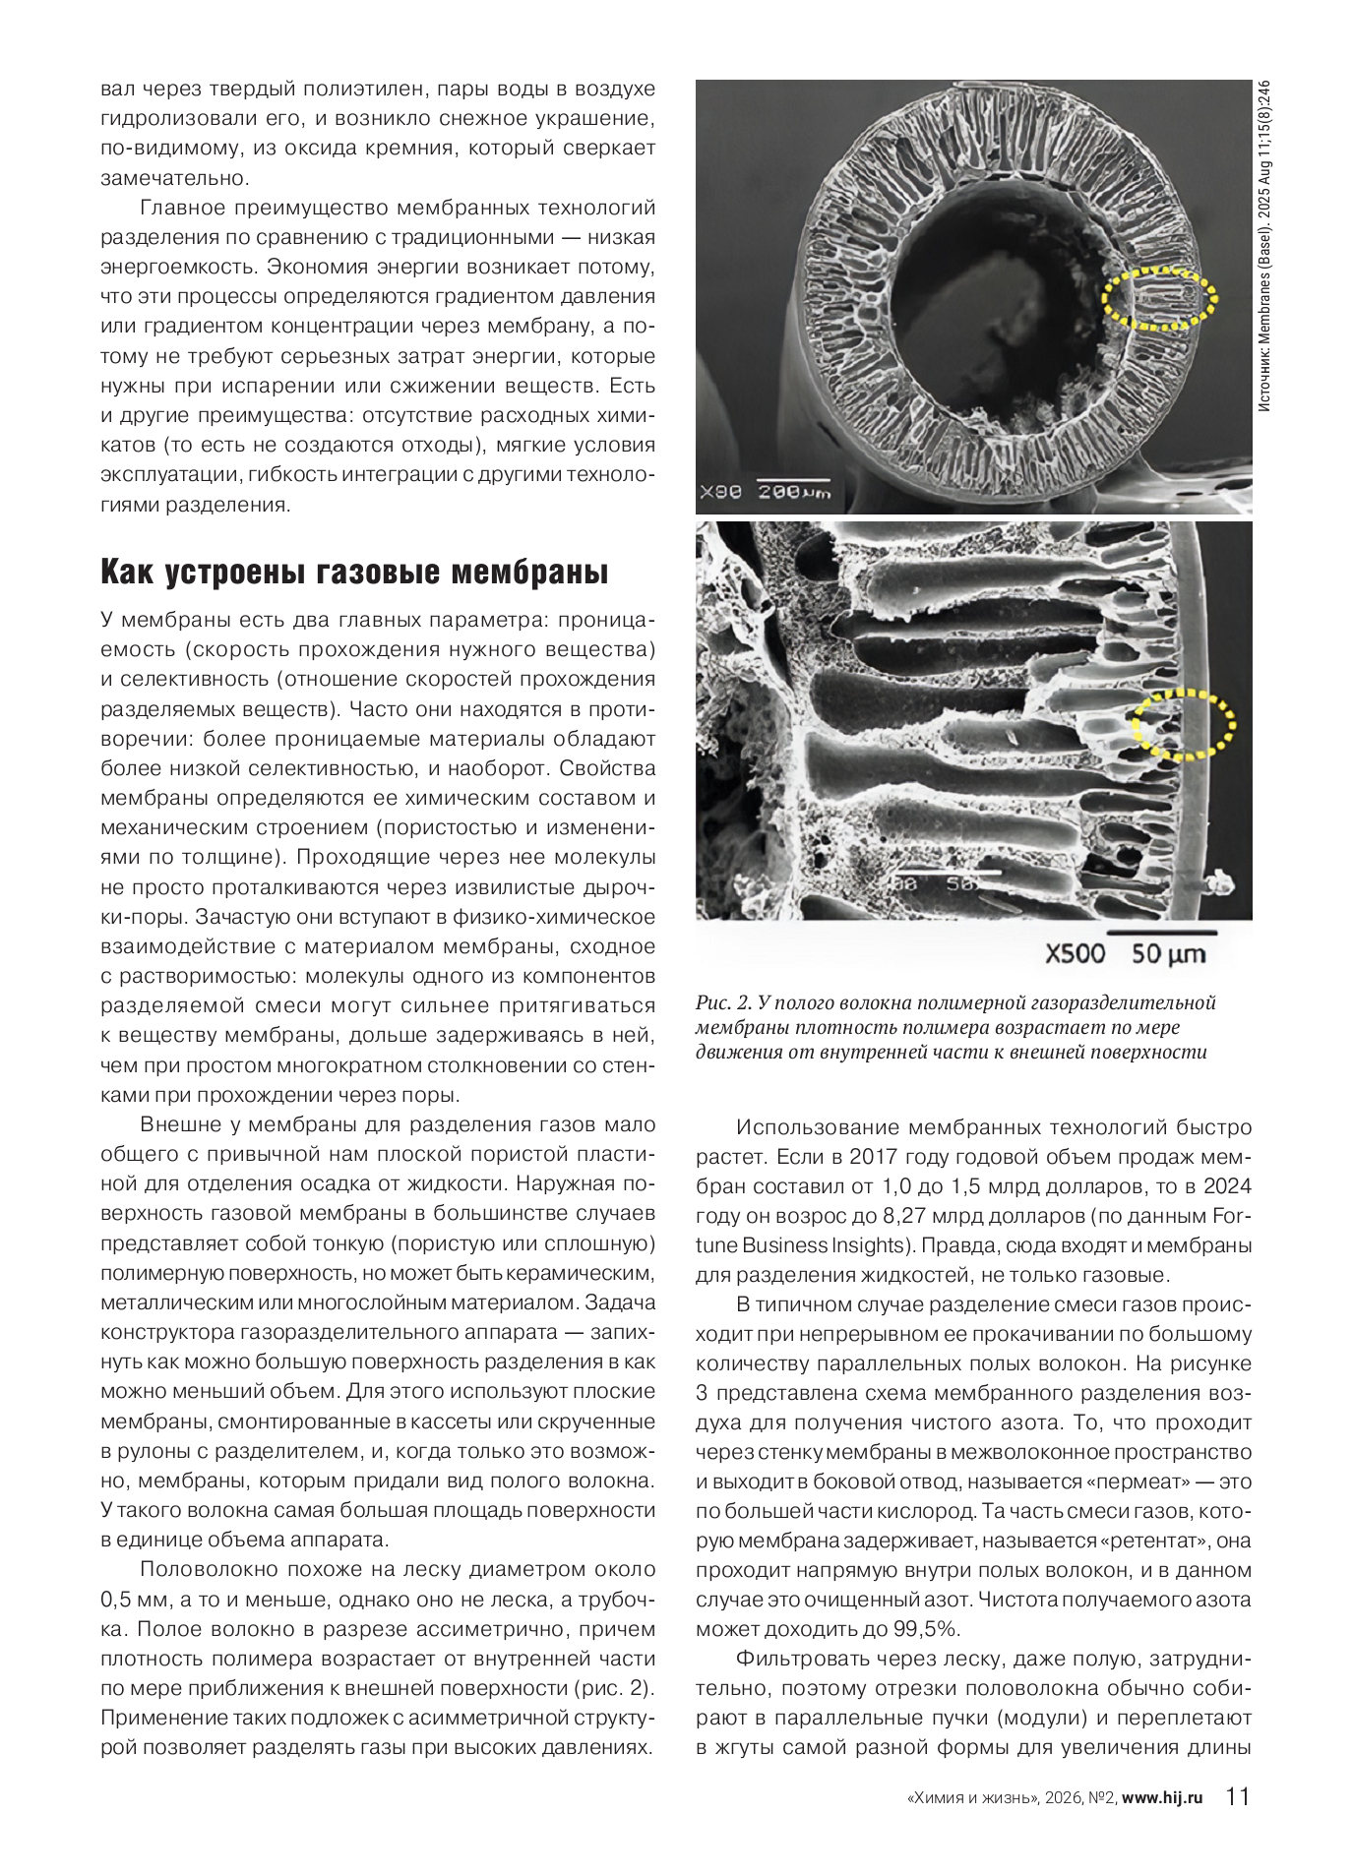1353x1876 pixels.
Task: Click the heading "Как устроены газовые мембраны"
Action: pyautogui.click(x=354, y=573)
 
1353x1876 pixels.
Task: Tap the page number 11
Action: pyautogui.click(x=1237, y=1796)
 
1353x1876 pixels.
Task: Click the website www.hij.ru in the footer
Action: pyautogui.click(x=1162, y=1797)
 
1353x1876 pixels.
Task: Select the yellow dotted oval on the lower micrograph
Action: pyautogui.click(x=1183, y=724)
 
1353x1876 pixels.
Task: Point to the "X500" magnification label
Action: pyautogui.click(x=1075, y=953)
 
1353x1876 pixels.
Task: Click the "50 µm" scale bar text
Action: pyautogui.click(x=1168, y=953)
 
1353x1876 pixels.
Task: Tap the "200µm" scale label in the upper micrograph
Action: pyautogui.click(x=793, y=491)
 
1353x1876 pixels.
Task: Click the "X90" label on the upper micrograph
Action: pyautogui.click(x=720, y=491)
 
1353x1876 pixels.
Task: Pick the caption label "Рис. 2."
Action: pyautogui.click(x=723, y=1002)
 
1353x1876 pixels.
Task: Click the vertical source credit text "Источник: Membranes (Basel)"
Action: pyautogui.click(x=1264, y=295)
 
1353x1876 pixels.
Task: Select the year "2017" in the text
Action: pyautogui.click(x=874, y=1157)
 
